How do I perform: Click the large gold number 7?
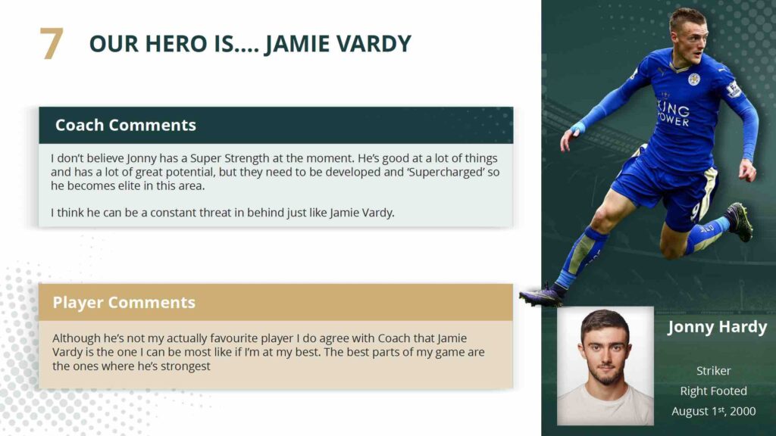tap(52, 43)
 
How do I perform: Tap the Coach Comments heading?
tap(126, 125)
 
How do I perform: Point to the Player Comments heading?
tap(124, 302)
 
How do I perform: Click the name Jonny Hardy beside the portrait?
tap(717, 327)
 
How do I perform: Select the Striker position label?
tap(714, 371)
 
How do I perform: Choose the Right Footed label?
tap(714, 391)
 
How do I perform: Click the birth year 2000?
tap(743, 411)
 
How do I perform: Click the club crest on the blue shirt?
tap(694, 79)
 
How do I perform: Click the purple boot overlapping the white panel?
tap(541, 296)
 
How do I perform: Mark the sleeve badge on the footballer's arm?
tap(733, 89)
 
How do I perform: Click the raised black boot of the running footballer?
tap(739, 222)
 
